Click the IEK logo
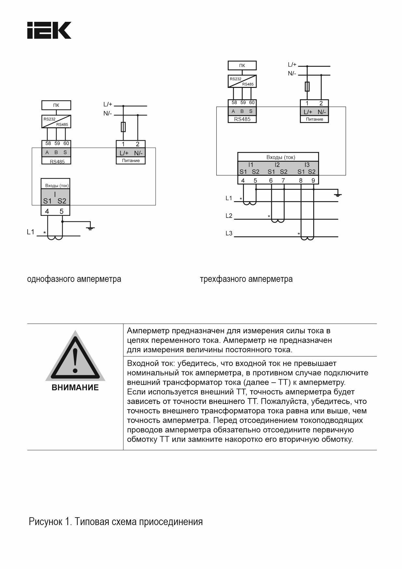tap(49, 31)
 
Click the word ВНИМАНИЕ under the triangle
tap(75, 388)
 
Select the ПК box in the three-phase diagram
tap(242, 65)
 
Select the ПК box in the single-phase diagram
tap(56, 105)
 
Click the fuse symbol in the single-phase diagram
tap(123, 127)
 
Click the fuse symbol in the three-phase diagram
tap(307, 87)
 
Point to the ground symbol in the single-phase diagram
tap(90, 227)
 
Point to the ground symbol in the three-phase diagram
tap(338, 195)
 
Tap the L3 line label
tap(229, 233)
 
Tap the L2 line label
tap(229, 216)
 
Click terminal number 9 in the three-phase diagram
tap(313, 181)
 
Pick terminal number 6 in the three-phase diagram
tap(271, 181)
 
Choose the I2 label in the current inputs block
tap(277, 165)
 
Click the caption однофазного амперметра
tap(74, 279)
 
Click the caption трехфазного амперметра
tap(246, 279)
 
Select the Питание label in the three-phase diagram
tap(314, 119)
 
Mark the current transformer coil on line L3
tap(307, 238)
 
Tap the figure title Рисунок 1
tap(116, 521)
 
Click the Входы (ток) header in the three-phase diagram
tap(281, 157)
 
